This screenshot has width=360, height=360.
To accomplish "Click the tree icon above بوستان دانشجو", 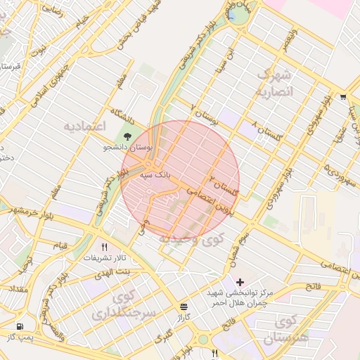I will [x=127, y=136].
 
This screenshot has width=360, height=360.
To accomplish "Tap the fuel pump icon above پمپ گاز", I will [x=19, y=327].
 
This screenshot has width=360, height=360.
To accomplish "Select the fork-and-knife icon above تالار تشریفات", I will [x=105, y=247].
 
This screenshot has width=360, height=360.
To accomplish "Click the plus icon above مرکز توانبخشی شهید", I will [x=240, y=281].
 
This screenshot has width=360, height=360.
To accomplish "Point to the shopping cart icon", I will [x=342, y=97].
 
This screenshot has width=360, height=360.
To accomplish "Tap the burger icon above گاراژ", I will [x=184, y=307].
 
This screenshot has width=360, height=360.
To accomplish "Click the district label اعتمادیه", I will [x=84, y=127].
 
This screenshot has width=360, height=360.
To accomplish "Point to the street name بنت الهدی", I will [x=113, y=271].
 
